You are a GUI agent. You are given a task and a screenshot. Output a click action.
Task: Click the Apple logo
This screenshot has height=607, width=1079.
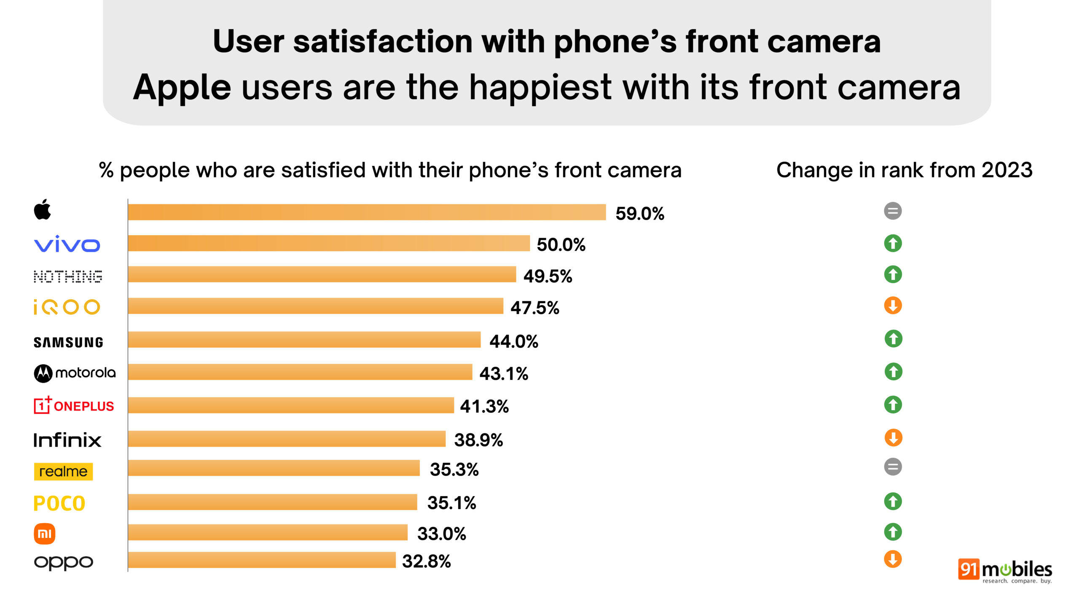tap(42, 209)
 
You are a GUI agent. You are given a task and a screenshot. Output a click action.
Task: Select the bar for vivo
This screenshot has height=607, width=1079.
tap(328, 243)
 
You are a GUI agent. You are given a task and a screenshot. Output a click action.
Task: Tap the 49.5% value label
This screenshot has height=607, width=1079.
tap(548, 276)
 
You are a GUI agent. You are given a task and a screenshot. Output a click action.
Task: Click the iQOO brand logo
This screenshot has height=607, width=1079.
tap(67, 307)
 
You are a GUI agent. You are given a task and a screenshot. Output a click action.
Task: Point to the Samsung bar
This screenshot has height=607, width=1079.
tap(304, 339)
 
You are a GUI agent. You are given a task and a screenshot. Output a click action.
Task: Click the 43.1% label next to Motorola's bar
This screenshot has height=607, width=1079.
tap(504, 373)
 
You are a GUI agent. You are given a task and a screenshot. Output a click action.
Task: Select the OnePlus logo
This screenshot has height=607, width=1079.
tap(74, 406)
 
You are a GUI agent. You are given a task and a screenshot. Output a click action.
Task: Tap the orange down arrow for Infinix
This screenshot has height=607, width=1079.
tap(893, 438)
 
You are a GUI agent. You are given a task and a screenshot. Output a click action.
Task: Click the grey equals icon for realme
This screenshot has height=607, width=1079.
tap(893, 467)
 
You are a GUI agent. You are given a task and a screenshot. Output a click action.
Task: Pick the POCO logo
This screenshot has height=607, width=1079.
tap(59, 503)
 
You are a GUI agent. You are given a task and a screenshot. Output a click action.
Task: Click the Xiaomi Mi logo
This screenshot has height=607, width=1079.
tap(44, 534)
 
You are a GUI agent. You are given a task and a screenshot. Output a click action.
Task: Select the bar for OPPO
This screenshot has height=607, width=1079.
tap(261, 560)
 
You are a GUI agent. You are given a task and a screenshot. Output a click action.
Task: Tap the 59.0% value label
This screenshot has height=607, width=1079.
tap(639, 214)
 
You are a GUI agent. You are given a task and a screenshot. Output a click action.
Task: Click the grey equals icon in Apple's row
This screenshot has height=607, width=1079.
tap(893, 211)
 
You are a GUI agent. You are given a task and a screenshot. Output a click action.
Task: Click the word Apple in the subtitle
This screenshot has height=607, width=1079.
tap(182, 88)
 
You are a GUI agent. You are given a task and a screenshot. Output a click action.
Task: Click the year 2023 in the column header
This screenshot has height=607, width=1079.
tap(1007, 170)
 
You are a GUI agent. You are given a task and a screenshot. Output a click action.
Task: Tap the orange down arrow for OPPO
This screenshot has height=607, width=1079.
tap(893, 559)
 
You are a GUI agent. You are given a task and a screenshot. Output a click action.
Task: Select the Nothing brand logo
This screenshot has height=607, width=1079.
tap(68, 277)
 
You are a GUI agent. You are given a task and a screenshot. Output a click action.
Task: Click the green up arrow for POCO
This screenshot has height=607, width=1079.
tap(893, 501)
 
